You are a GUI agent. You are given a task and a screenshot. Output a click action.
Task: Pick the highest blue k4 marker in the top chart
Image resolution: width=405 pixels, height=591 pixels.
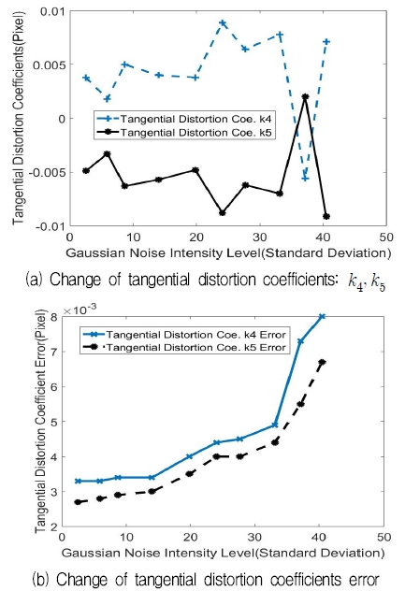223,22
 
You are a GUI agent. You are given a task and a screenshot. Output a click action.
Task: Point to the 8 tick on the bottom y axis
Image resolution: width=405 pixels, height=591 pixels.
58,316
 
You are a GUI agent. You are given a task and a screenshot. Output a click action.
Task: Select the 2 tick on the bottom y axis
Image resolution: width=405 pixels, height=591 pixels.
58,528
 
